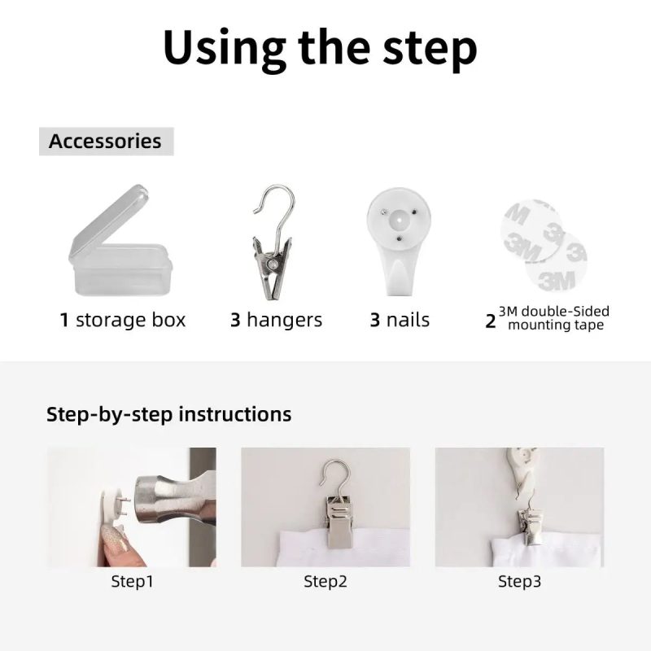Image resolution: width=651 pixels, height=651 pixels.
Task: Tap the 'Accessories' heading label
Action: click(105, 141)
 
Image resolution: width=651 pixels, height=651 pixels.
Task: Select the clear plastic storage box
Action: click(120, 242)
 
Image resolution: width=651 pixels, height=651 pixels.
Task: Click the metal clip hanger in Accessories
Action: click(273, 242)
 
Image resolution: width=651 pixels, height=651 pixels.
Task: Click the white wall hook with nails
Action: click(399, 241)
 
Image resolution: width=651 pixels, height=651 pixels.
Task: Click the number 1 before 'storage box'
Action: click(64, 320)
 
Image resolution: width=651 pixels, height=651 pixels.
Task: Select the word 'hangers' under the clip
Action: click(284, 320)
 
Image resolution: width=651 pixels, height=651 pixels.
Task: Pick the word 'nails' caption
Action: click(408, 320)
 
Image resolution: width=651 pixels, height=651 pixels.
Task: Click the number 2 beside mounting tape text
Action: click(491, 321)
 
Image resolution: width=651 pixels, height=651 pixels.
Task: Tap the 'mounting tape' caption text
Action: click(556, 325)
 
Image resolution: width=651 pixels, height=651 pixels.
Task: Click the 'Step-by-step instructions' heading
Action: click(169, 414)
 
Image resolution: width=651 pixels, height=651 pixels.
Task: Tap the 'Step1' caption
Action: click(132, 581)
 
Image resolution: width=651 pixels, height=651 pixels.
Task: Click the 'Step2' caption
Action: click(325, 581)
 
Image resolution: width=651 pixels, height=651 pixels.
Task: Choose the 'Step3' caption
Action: click(519, 581)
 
